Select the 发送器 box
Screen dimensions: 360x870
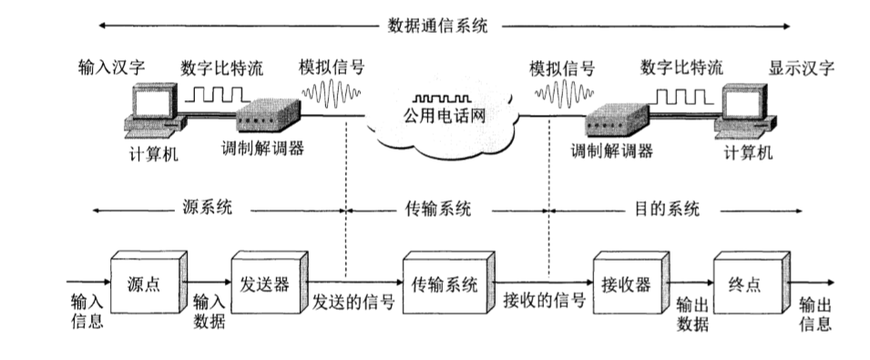coord(266,283)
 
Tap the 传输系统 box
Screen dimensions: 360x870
coord(445,283)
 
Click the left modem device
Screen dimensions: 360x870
coord(268,117)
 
